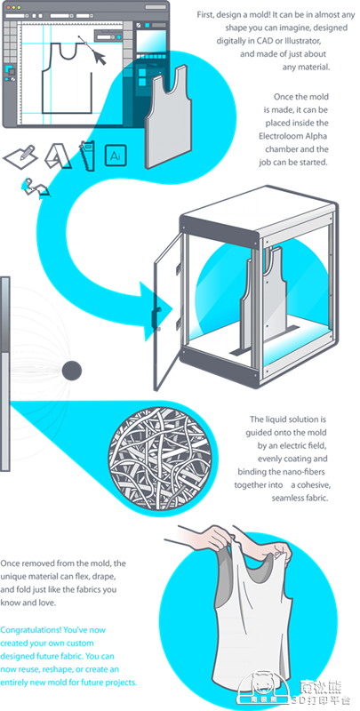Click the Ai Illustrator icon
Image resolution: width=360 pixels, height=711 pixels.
coord(116,156)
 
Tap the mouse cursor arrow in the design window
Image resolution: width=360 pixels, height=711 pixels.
coord(100,58)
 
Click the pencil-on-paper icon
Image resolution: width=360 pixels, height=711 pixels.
coord(20,155)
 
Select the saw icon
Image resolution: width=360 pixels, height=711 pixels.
coord(87,156)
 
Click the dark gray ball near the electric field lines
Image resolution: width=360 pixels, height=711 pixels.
coord(72,371)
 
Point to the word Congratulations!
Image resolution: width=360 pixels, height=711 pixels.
coord(28,630)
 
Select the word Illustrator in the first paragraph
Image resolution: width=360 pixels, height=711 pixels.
coord(302,41)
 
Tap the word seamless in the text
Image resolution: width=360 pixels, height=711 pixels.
coord(287,498)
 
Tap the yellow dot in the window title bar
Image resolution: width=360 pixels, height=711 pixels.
coord(13,8)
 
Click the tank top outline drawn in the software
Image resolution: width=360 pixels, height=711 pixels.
coord(67,78)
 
